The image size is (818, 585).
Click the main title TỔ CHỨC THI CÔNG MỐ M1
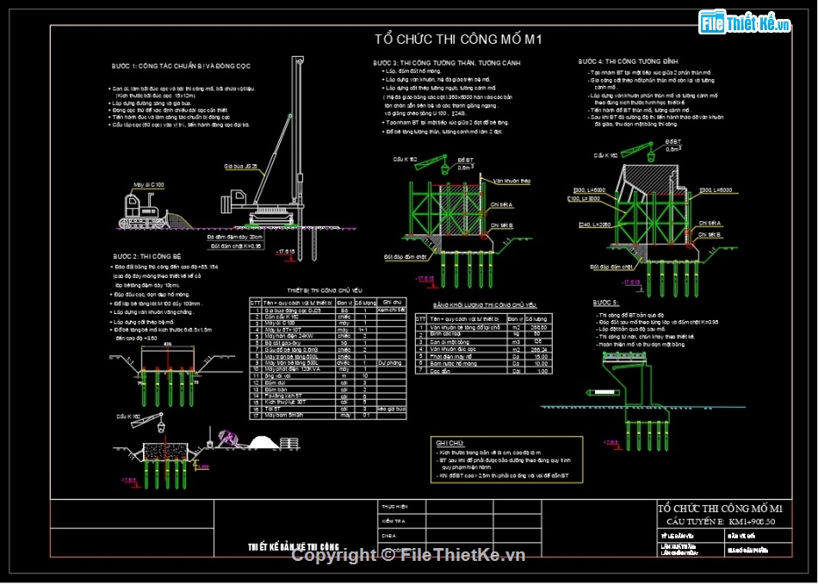point(457,39)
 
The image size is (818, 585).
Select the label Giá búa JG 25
point(241,165)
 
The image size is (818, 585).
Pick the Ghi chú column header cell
point(392,302)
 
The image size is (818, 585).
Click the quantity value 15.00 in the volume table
point(542,356)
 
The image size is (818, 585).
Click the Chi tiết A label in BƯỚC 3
point(502,204)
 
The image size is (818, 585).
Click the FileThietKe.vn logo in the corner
point(745,23)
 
